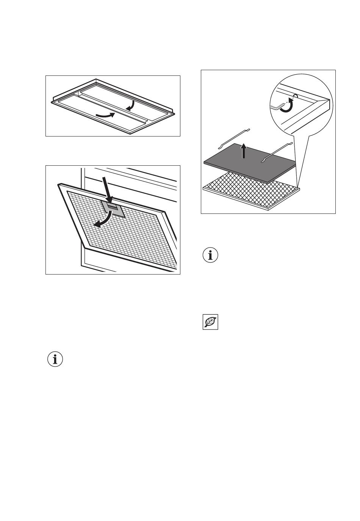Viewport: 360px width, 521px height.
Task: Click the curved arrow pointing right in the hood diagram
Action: tap(105, 115)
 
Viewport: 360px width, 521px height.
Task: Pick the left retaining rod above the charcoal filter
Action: tap(233, 138)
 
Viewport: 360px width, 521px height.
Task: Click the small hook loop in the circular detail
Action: tap(296, 96)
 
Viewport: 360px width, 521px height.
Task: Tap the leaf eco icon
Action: tap(210, 322)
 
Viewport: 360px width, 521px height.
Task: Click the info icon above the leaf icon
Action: tap(210, 255)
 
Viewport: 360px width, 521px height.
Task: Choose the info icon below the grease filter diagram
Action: tap(55, 359)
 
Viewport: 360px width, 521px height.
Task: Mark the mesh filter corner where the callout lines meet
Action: tap(299, 187)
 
